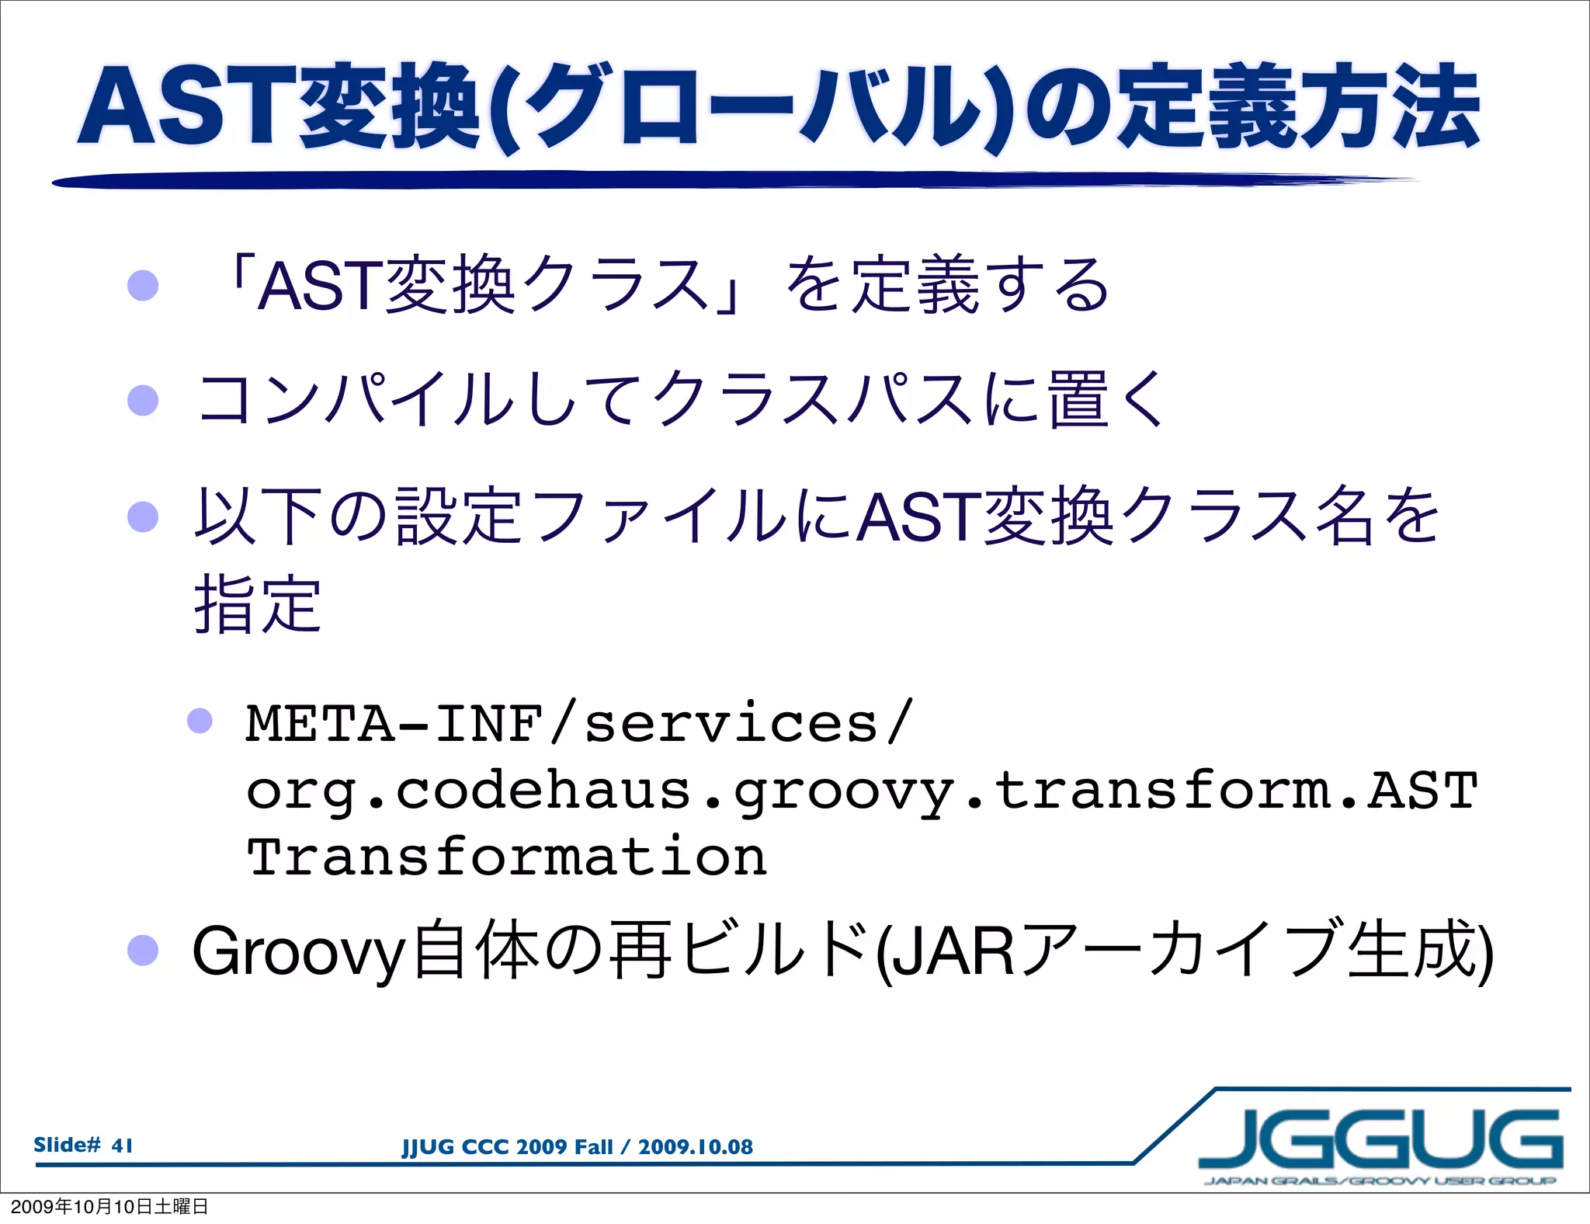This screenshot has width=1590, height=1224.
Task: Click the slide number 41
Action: coord(122,1146)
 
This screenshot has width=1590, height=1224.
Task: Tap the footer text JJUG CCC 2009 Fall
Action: coord(507,1147)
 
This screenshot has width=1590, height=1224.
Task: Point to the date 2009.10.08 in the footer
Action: coord(696,1147)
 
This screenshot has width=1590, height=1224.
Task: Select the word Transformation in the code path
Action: coord(507,857)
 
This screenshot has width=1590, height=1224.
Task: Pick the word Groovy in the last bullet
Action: coord(299,951)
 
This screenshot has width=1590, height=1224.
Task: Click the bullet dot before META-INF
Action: coord(200,721)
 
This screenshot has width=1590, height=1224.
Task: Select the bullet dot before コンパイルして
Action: coord(143,401)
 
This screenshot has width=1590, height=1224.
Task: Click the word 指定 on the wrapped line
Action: coord(258,605)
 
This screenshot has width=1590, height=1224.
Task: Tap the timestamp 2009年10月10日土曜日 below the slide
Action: coord(109,1206)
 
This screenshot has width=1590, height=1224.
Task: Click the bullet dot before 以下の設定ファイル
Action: coord(143,516)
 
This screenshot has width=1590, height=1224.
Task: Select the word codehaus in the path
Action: coord(543,791)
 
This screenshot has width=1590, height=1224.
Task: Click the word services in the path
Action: coord(731,724)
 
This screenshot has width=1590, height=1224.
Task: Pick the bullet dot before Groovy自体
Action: coord(143,950)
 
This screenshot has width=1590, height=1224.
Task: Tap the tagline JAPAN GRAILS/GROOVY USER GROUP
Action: coord(1380,1181)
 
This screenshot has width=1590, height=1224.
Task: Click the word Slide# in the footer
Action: coord(68,1146)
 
